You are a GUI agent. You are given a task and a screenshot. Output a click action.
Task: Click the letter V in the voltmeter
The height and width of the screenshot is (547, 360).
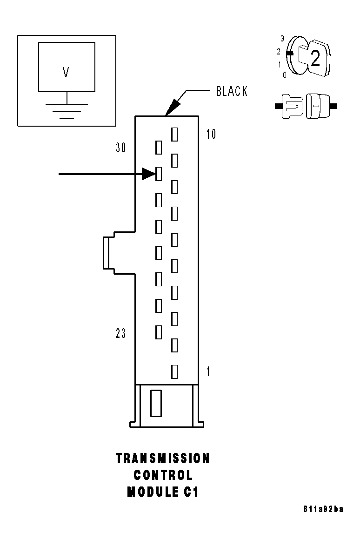[x=66, y=72]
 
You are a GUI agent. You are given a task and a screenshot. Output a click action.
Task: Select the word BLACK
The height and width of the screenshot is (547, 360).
[x=232, y=91]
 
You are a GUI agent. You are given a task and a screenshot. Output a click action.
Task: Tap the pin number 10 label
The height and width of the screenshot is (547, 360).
[x=211, y=135]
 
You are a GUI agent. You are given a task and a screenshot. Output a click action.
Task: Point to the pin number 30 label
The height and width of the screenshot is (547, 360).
[x=121, y=148]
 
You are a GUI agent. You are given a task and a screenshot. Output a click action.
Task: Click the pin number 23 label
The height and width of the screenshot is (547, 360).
[x=121, y=334]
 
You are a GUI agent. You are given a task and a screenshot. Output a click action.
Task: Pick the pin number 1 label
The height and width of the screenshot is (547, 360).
[x=208, y=371]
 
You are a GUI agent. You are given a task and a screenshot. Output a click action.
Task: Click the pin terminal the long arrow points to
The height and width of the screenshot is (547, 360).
[x=158, y=174]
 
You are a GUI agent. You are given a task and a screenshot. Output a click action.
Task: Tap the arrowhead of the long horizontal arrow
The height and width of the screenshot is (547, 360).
[x=149, y=174]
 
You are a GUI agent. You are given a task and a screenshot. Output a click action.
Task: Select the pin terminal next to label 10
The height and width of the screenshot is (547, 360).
[x=174, y=135]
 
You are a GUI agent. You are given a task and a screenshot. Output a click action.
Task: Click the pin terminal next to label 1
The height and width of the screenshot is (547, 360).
[x=174, y=371]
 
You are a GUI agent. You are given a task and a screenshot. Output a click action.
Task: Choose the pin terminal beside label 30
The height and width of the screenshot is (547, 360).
[x=158, y=148]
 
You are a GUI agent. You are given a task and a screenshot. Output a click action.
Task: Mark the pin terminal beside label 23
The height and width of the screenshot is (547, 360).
[x=158, y=332]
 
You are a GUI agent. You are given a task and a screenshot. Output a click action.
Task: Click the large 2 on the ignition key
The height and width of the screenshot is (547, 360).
[x=315, y=59]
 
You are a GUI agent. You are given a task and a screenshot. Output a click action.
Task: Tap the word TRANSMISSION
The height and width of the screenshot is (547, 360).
[x=163, y=459]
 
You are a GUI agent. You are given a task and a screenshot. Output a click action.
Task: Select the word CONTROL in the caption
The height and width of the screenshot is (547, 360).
[x=163, y=475]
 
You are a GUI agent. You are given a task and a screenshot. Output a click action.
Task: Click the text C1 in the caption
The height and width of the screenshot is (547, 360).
[x=191, y=492]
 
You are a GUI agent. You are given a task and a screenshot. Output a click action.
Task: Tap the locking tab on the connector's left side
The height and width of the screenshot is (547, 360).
[x=107, y=253]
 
